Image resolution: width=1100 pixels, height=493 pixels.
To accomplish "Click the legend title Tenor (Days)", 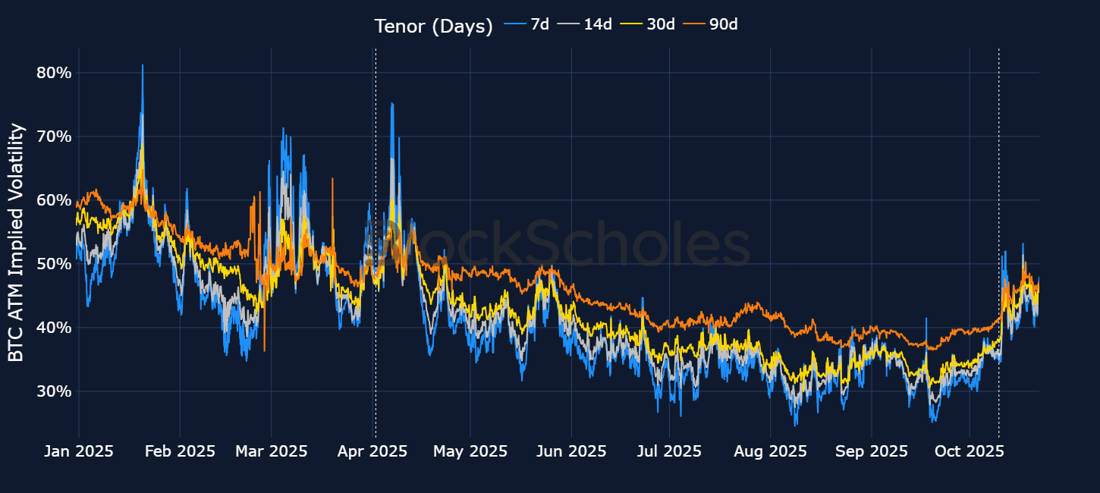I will pyautogui.click(x=433, y=26).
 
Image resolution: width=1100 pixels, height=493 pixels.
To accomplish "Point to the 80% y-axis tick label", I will pyautogui.click(x=53, y=73).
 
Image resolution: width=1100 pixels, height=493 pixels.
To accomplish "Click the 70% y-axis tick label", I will pyautogui.click(x=53, y=137).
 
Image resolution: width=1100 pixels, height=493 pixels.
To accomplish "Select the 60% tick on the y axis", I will pyautogui.click(x=53, y=200).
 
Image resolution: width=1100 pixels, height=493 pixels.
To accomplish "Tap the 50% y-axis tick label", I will pyautogui.click(x=53, y=264).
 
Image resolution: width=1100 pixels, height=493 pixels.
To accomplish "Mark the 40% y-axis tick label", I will pyautogui.click(x=53, y=328).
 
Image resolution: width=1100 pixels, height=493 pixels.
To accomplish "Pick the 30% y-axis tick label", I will pyautogui.click(x=53, y=391).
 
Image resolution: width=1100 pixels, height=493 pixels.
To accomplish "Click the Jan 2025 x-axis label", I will pyautogui.click(x=79, y=451).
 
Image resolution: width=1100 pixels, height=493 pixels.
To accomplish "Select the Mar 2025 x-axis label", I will pyautogui.click(x=272, y=451).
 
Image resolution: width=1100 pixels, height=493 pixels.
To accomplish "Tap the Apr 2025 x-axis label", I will pyautogui.click(x=372, y=451).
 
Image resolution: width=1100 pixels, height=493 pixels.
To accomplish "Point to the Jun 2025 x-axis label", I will pyautogui.click(x=571, y=451).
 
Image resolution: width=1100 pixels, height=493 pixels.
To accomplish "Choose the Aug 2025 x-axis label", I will pyautogui.click(x=770, y=451).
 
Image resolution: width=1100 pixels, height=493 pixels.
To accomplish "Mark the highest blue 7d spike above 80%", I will pyautogui.click(x=143, y=66).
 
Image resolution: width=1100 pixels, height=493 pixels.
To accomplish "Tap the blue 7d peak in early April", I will pyautogui.click(x=391, y=104).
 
